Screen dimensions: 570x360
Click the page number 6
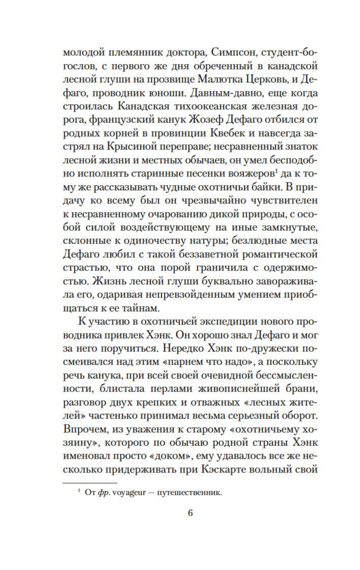(x=190, y=513)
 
